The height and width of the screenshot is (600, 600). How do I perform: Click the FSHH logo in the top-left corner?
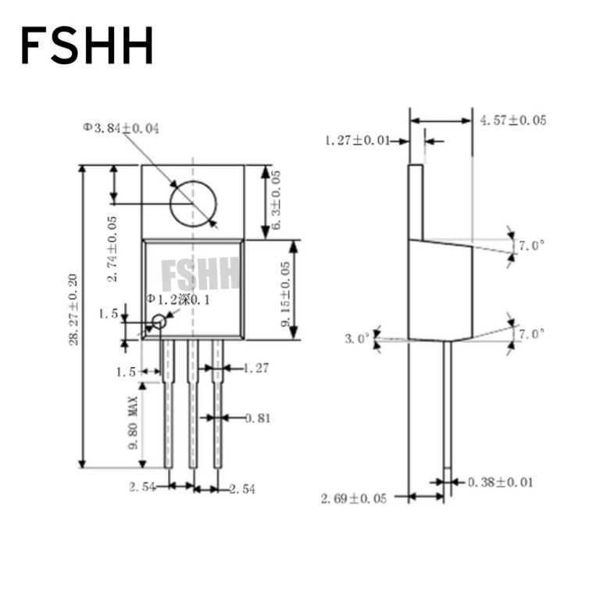point(87,45)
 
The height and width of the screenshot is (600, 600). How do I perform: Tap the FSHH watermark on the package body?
point(200,274)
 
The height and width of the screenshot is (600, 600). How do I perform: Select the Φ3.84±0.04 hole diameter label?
point(121,128)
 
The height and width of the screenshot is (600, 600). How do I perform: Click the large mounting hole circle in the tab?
point(193,203)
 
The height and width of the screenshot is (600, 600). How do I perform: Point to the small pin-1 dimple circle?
point(159,321)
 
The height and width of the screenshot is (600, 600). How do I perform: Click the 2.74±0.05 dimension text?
point(113,248)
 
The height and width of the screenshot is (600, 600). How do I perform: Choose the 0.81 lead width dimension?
point(257,418)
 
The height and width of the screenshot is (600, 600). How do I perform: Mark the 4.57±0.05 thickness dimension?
point(512,120)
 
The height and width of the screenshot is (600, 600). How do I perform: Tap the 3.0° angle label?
point(357,339)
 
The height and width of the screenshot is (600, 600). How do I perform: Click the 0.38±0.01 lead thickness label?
point(500,482)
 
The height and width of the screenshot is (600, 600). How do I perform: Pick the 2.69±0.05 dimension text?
point(353,498)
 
